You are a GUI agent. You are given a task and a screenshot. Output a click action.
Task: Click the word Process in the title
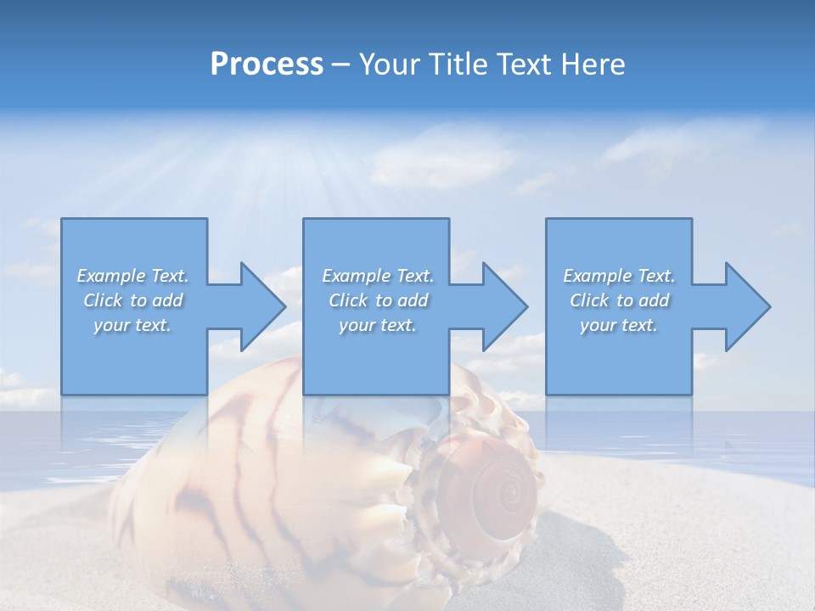[267, 64]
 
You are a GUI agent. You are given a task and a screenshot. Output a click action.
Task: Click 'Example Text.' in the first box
[132, 276]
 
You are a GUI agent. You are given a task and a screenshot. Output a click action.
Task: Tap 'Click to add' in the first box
[132, 300]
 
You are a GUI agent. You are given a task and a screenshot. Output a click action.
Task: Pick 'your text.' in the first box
[132, 325]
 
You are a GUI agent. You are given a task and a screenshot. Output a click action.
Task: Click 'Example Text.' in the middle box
[378, 276]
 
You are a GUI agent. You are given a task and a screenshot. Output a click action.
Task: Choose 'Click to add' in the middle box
[378, 300]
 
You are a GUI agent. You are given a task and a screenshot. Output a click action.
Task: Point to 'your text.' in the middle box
[378, 325]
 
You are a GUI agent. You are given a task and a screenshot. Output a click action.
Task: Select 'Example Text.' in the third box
[619, 276]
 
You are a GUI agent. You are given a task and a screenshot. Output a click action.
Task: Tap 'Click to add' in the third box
[619, 300]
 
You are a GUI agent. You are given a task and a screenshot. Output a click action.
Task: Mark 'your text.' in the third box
[619, 325]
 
